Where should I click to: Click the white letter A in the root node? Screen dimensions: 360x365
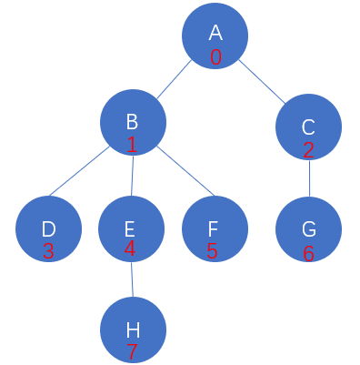[x=215, y=33]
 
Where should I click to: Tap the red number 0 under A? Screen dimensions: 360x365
[x=215, y=57]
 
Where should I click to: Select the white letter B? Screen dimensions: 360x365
[x=132, y=121]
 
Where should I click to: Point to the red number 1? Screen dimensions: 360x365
[x=132, y=145]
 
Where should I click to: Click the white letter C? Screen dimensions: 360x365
[x=308, y=127]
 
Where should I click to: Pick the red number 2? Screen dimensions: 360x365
[x=308, y=150]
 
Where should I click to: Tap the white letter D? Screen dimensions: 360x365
[x=48, y=229]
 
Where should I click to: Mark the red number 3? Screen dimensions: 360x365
[x=48, y=251]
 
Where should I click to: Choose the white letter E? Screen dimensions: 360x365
[x=129, y=229]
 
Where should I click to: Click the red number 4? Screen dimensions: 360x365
[x=130, y=248]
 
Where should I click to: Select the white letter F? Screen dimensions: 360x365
[x=213, y=229]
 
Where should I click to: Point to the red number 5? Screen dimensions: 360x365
[x=212, y=251]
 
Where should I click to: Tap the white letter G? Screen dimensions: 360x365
[x=309, y=229]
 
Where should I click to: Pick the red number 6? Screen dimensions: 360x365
[x=308, y=254]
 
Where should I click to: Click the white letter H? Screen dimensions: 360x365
[x=133, y=330]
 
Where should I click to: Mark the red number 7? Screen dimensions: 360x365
[x=132, y=352]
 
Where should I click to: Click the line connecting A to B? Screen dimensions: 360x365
[x=175, y=79]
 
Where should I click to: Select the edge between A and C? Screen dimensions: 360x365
[x=262, y=82]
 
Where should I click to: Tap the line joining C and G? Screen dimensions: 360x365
[x=309, y=178]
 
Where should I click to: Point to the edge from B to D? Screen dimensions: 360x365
[x=79, y=171]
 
